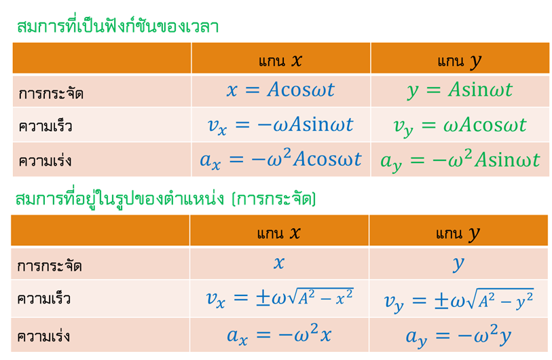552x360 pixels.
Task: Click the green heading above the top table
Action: tap(118, 25)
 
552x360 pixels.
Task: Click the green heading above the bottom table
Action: tap(166, 198)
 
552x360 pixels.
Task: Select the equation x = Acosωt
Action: tap(280, 90)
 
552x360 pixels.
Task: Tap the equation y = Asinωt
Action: tap(460, 90)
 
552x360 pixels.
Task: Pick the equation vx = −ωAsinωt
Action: tap(280, 126)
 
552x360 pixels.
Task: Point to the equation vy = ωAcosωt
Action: tap(460, 126)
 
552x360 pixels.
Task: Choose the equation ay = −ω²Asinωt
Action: tap(460, 160)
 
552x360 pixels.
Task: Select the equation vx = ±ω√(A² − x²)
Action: tap(280, 298)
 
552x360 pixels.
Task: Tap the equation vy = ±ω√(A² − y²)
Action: tap(459, 300)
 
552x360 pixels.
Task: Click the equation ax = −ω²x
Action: tap(279, 335)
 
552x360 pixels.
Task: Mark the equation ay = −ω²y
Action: tap(458, 336)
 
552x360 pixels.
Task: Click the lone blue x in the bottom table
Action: tap(279, 263)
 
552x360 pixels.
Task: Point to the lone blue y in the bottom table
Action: tap(458, 264)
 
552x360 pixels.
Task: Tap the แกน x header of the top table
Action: tap(280, 60)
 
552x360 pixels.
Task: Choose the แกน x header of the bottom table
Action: tap(278, 233)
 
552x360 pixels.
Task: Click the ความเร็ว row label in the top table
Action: tap(45, 126)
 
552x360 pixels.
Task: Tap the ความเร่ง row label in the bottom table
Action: tap(43, 336)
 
